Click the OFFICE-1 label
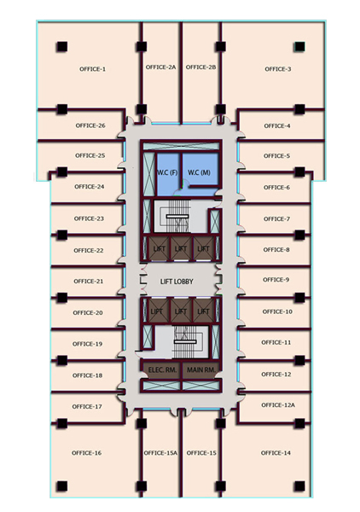92,69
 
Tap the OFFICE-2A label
160,67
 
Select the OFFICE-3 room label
278,69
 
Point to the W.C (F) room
168,173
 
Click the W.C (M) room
200,169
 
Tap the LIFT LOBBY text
177,282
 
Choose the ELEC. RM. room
163,370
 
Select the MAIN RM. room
201,370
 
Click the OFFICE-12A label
278,405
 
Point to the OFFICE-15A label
160,453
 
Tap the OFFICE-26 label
90,125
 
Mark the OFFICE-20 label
88,313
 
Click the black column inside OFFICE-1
61,47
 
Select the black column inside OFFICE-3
299,47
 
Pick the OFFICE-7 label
276,219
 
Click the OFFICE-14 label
276,453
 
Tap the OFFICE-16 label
86,453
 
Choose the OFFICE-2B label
201,67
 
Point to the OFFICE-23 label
89,218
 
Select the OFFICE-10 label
277,311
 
